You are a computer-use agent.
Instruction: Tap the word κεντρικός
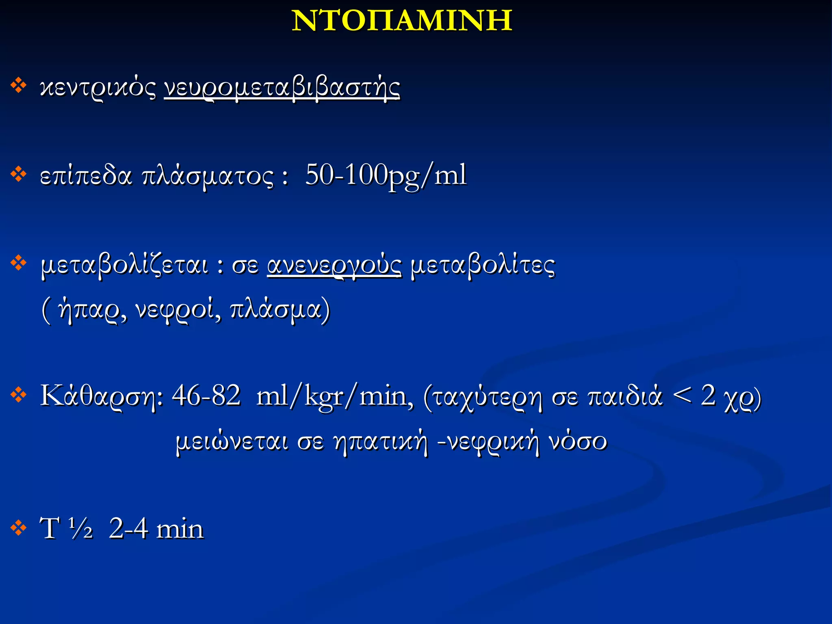(x=97, y=87)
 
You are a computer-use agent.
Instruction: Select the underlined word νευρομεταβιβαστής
(x=282, y=87)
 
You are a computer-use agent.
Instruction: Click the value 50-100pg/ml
(x=386, y=175)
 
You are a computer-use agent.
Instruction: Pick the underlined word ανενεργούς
(x=334, y=266)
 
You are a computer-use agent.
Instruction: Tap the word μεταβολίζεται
(x=125, y=266)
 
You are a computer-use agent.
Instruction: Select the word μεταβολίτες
(x=483, y=266)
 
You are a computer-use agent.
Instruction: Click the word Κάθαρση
(x=102, y=396)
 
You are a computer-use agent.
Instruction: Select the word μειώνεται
(x=232, y=441)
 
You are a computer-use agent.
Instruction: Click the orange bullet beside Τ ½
(x=18, y=528)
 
